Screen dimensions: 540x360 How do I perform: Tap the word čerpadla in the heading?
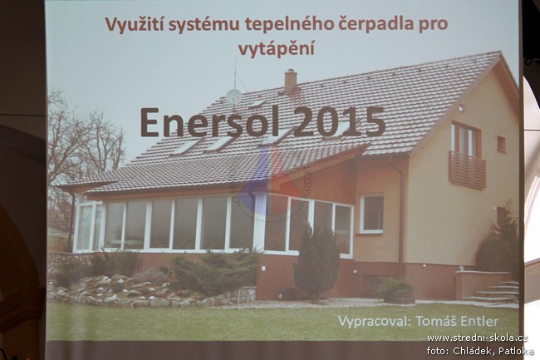click(x=376, y=23)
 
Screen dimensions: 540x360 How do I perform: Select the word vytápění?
click(x=276, y=48)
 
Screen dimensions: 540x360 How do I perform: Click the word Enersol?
click(x=212, y=122)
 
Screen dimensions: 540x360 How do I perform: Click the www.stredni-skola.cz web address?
click(x=478, y=338)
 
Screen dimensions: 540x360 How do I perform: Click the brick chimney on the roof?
click(x=291, y=81)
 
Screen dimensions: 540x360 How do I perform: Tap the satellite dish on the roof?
click(x=234, y=96)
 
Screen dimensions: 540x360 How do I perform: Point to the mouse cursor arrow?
click(x=461, y=109)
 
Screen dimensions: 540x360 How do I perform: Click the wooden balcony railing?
click(x=467, y=170)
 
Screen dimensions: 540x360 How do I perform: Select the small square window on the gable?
click(x=501, y=144)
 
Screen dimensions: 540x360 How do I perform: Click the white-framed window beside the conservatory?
click(x=371, y=214)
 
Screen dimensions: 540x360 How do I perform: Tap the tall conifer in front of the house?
click(x=317, y=262)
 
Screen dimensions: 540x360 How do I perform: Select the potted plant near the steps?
click(x=398, y=290)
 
